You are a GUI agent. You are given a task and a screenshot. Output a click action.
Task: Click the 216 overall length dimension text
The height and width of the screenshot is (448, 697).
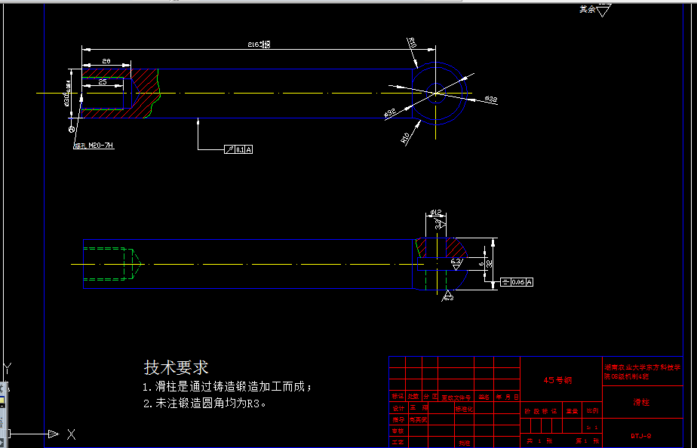(x=259, y=45)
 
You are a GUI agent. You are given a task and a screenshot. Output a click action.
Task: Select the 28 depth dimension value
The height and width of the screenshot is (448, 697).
(x=106, y=60)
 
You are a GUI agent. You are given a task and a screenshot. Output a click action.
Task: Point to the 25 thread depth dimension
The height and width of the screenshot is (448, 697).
(x=102, y=81)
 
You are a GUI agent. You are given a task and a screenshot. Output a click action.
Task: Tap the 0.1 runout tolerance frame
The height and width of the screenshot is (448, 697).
(x=239, y=150)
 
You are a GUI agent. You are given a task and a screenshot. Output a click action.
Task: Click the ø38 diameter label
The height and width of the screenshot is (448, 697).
(x=490, y=100)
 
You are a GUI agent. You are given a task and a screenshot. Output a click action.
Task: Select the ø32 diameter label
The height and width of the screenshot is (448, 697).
(x=390, y=113)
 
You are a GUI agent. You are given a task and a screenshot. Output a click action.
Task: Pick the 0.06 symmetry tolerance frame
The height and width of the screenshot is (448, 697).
(x=517, y=282)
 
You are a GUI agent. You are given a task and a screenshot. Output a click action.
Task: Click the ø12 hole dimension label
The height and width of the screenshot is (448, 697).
(x=434, y=213)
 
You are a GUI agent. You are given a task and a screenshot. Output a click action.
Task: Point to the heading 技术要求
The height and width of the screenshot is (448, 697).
(x=176, y=367)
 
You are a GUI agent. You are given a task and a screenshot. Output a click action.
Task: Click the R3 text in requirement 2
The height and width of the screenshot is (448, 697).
(x=253, y=404)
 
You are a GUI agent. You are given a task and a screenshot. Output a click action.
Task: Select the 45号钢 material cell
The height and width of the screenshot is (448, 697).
(x=558, y=380)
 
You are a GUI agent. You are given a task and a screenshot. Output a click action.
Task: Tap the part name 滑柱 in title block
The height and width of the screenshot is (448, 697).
(x=641, y=402)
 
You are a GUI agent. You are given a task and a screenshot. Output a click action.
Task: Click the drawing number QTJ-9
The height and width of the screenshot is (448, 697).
(x=641, y=435)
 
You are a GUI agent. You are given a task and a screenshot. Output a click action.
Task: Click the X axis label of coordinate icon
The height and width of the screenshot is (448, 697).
(x=71, y=434)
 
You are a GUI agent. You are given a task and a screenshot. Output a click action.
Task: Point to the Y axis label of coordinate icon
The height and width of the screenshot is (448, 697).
(x=8, y=368)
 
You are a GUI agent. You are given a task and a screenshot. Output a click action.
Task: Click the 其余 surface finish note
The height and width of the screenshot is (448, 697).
(x=587, y=10)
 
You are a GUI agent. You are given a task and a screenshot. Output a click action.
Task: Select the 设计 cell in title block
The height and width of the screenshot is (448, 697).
(x=397, y=407)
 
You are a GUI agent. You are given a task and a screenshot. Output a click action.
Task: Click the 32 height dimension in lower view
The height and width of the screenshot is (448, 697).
(x=488, y=264)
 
